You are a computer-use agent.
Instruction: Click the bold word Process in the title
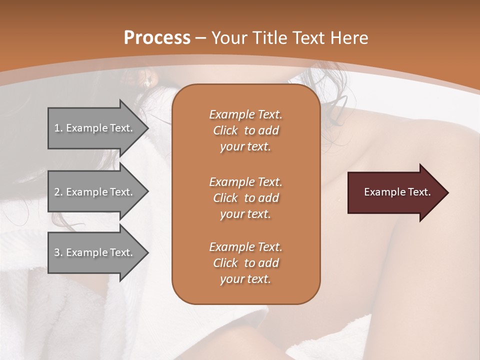pos(157,38)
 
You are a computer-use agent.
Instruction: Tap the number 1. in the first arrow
pos(58,128)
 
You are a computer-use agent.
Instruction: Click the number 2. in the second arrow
pos(58,192)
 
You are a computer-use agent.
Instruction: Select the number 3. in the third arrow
pos(58,253)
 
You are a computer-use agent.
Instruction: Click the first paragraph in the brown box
pos(245,130)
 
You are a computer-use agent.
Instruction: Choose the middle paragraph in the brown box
pos(245,198)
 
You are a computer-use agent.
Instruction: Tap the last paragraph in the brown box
pos(245,263)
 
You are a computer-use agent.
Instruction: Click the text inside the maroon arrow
pos(397,192)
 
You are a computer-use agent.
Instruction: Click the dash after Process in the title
pos(200,38)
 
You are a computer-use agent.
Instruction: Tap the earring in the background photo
pos(147,84)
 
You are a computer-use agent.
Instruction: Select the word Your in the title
pos(228,38)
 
